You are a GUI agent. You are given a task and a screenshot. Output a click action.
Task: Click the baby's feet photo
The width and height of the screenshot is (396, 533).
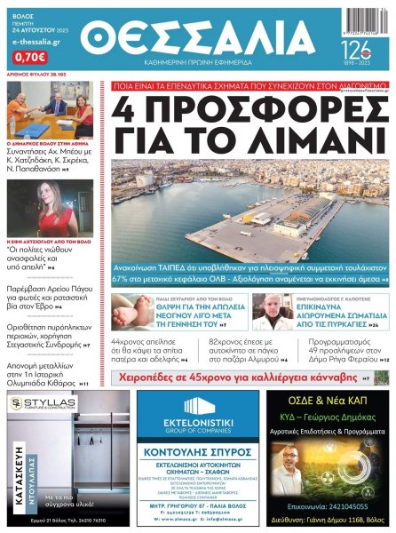(x=133, y=312)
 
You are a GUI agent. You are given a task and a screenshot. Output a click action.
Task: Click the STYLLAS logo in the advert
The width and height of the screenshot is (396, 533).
(x=50, y=405)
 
